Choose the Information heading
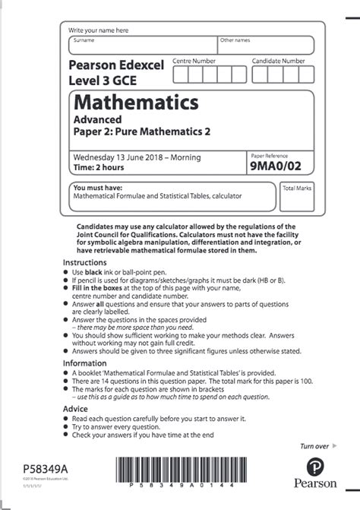[84, 363]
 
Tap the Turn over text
[314, 446]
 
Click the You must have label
[95, 186]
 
